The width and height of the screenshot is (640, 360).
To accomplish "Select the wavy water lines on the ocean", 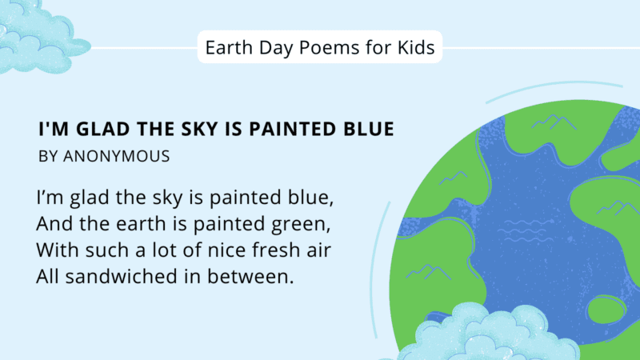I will [520, 231].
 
